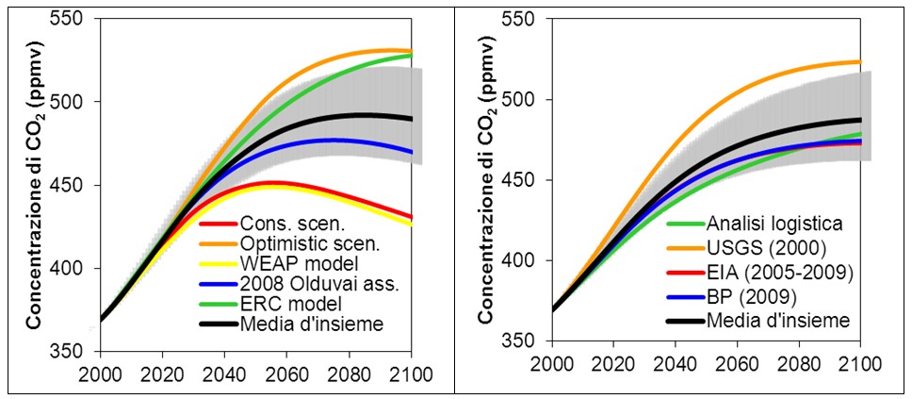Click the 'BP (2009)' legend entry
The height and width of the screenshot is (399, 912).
click(x=733, y=297)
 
